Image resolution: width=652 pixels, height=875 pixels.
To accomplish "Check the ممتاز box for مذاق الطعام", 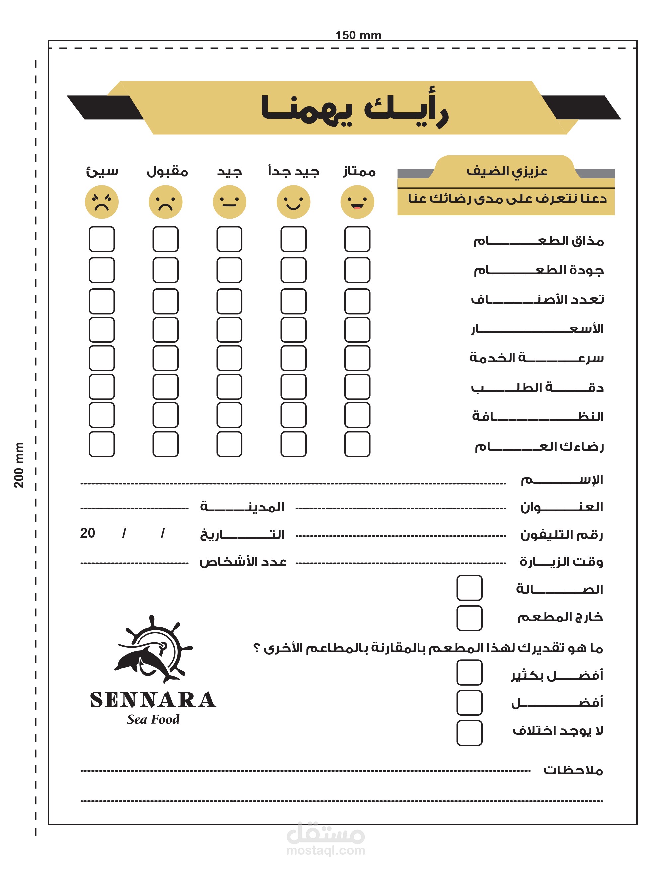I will pos(357,239).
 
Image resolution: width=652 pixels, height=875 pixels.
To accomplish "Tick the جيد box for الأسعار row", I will pos(229,329).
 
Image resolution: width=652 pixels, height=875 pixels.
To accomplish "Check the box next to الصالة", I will pos(469,588).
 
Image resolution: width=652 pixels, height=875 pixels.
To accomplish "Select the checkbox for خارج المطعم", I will pos(469,618).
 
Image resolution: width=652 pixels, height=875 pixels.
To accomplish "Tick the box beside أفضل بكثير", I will pos(469,672).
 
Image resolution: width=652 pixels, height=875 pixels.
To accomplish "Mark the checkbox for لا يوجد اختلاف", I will pos(469,733).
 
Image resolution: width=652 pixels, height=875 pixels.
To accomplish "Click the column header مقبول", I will pos(167,171).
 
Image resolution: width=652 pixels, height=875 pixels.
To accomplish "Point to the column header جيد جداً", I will pos(293,171).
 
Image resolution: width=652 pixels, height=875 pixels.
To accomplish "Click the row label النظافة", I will pos(537,416).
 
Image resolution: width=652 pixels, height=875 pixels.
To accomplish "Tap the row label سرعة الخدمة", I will pos(536,358).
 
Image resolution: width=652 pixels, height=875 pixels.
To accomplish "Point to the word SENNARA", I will pos(153,700).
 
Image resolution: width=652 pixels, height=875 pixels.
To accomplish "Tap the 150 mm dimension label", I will pos(358,35).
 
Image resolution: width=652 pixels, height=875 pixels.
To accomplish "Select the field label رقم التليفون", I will pos(561,535).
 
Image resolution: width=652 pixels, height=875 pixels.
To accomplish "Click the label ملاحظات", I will pos(573,770).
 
